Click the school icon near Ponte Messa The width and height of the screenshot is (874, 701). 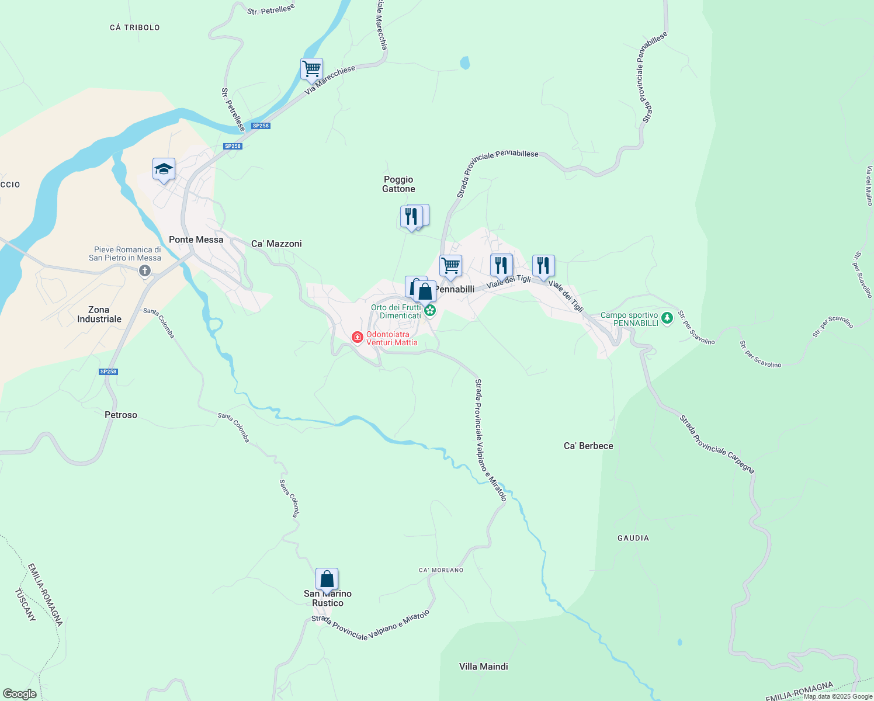(164, 169)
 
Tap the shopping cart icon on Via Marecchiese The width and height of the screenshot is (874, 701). (311, 68)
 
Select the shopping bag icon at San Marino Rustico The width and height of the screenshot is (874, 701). (327, 579)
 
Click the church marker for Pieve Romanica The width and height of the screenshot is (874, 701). (145, 270)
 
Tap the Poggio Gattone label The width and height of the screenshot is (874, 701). (398, 184)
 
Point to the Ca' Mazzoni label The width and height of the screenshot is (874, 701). (276, 244)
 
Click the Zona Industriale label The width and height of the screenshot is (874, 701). (99, 314)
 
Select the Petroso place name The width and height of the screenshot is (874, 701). (121, 415)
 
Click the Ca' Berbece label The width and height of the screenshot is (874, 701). (588, 446)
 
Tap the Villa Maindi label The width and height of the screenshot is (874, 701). (483, 667)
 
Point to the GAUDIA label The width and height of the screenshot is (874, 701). (633, 538)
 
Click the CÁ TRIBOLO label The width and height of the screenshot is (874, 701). (135, 27)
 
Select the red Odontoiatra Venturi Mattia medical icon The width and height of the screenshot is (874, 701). (357, 338)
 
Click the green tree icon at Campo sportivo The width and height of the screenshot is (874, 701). (667, 318)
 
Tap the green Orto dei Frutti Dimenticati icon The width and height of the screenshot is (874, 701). (430, 310)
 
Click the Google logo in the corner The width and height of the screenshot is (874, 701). (20, 694)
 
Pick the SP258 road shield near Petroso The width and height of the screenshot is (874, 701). (109, 372)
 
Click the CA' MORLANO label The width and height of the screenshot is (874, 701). (441, 570)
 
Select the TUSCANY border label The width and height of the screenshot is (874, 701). (25, 605)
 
